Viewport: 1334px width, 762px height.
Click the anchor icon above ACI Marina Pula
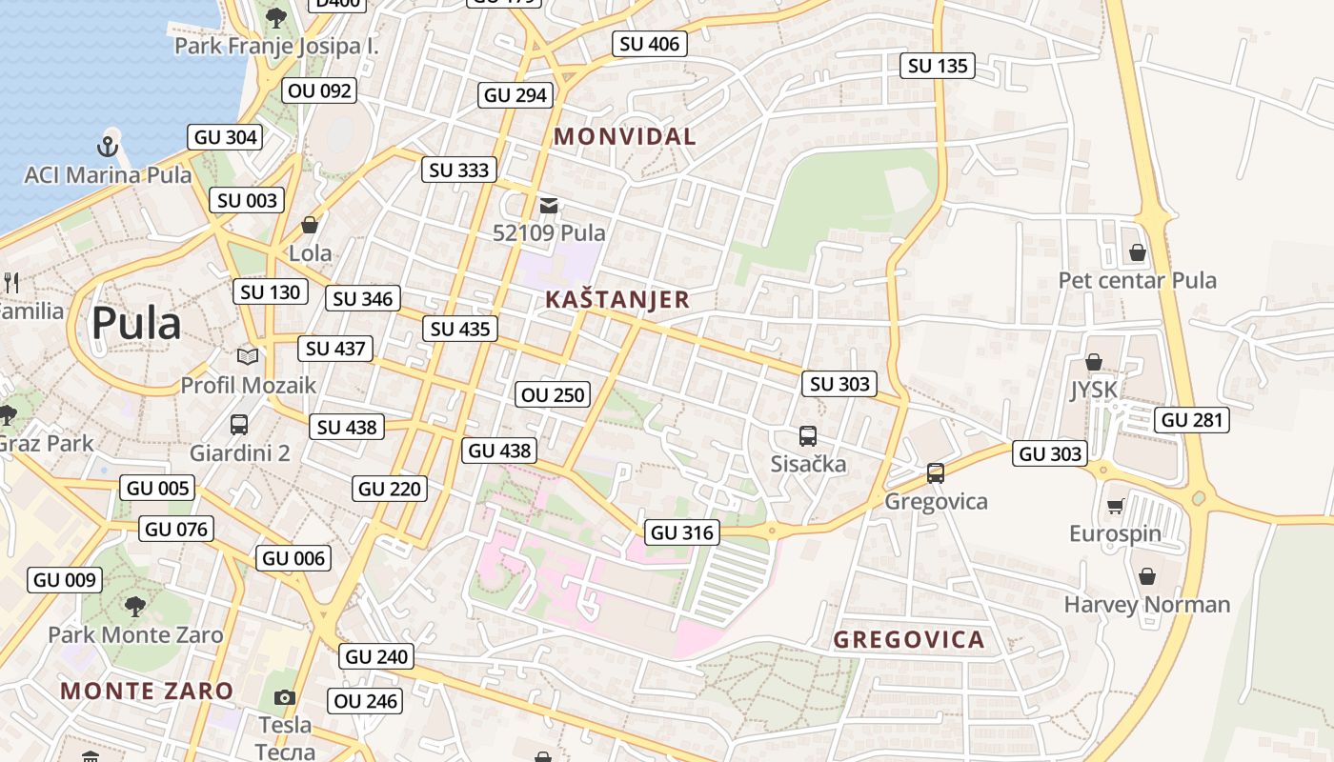point(108,147)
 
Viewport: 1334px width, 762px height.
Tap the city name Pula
point(135,324)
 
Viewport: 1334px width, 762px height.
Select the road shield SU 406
point(649,44)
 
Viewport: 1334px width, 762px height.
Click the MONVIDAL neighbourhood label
point(625,136)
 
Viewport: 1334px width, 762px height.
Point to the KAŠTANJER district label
point(617,300)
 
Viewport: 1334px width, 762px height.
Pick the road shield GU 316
point(682,532)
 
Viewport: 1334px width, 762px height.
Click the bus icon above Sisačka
point(808,436)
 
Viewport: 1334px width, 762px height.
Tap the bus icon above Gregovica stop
point(936,473)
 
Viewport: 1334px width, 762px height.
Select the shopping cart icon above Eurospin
point(1115,506)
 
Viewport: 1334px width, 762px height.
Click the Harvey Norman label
point(1147,605)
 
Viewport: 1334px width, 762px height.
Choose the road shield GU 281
point(1192,420)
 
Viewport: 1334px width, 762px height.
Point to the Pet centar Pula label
point(1138,281)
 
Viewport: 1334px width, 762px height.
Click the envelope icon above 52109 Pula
point(549,205)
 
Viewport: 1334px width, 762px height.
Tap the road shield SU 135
point(938,66)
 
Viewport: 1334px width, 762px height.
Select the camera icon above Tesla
point(285,698)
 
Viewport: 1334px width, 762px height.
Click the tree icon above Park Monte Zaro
point(135,606)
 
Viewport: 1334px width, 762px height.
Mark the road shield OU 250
point(553,394)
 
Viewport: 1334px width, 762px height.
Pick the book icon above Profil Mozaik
point(248,356)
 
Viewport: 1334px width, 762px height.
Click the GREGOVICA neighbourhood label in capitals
point(909,640)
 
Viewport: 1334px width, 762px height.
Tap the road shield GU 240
point(376,656)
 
